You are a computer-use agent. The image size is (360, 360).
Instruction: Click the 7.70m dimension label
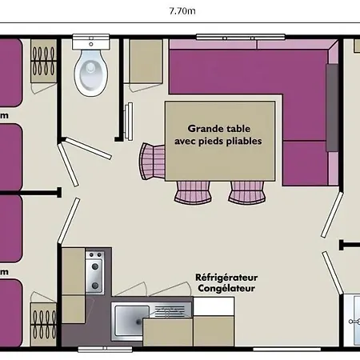(x=182, y=11)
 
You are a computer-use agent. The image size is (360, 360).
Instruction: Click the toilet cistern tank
(x=91, y=42)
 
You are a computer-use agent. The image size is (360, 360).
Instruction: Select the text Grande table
(x=218, y=129)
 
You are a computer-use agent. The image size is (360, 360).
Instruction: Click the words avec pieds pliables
(x=218, y=141)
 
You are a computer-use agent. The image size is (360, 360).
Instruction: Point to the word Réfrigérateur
(x=226, y=278)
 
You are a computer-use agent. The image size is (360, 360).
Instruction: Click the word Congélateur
(x=226, y=288)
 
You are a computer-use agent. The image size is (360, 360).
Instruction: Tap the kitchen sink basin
(x=131, y=322)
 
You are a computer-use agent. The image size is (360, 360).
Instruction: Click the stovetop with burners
(x=94, y=272)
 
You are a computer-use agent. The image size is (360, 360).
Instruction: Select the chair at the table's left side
(x=152, y=162)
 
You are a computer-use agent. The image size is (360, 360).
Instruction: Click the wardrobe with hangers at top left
(x=43, y=61)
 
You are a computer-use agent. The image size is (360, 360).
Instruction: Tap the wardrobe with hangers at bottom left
(x=43, y=324)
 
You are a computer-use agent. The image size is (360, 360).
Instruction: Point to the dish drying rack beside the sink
(x=170, y=310)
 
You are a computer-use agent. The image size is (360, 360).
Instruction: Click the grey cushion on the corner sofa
(x=332, y=108)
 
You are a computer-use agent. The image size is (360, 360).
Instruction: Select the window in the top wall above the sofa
(x=241, y=38)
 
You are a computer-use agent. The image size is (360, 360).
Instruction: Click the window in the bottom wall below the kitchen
(x=105, y=349)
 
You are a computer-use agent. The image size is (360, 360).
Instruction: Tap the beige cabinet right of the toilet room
(x=146, y=61)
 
